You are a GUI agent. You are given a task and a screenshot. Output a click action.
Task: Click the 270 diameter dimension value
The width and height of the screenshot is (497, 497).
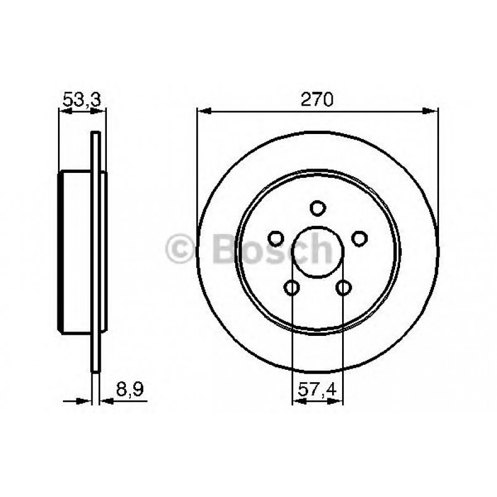(317, 99)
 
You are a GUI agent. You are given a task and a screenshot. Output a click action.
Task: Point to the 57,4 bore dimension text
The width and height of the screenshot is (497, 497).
(317, 390)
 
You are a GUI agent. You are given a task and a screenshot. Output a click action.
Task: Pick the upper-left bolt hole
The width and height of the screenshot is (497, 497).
(276, 237)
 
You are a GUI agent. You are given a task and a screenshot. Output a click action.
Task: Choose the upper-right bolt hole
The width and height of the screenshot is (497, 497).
(359, 237)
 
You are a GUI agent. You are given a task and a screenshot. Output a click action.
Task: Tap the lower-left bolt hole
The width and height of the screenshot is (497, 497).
(292, 286)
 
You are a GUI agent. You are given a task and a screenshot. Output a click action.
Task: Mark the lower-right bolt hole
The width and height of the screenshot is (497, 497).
(343, 286)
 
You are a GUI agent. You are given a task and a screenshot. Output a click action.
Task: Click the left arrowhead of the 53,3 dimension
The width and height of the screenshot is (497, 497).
(63, 112)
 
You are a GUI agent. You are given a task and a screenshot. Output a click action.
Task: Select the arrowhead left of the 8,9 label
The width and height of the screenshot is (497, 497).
(86, 401)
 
